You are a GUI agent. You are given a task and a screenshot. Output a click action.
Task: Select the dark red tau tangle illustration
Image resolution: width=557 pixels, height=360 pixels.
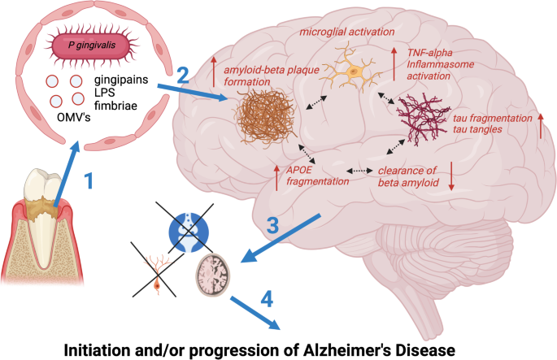point(423,119)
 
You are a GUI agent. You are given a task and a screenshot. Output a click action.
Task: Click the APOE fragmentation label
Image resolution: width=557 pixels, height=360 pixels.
point(316,175)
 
